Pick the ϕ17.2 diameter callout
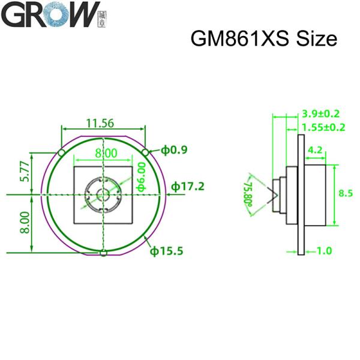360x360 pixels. tap(188, 186)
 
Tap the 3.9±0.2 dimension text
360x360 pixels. tap(321, 113)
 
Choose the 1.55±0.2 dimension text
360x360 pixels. tap(324, 127)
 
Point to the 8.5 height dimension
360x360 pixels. tap(346, 193)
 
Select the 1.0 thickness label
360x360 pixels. tap(323, 251)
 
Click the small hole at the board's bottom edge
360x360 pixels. tap(103, 253)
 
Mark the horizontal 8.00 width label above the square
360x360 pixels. tap(106, 154)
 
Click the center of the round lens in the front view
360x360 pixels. tap(103, 194)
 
